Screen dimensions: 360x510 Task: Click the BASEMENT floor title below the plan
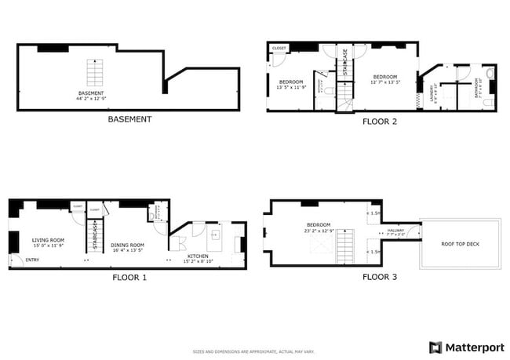tap(129, 120)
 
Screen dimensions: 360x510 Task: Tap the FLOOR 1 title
tap(129, 277)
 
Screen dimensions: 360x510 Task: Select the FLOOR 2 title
tap(380, 122)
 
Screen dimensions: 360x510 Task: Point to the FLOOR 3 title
tap(380, 277)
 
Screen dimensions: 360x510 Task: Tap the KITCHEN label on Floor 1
tap(198, 256)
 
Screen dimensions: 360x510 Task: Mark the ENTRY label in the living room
tap(32, 260)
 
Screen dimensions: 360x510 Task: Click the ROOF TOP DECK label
tap(460, 244)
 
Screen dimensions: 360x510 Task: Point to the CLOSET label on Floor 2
tap(279, 48)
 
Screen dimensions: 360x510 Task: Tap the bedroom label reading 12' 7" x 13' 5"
tap(384, 79)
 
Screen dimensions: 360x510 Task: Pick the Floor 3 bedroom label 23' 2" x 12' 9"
tap(319, 227)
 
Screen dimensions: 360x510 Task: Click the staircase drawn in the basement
tap(94, 73)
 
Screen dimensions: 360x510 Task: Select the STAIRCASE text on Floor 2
tap(344, 62)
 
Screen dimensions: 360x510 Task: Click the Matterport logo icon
tap(435, 347)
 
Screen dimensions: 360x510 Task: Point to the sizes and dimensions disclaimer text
tap(254, 351)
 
